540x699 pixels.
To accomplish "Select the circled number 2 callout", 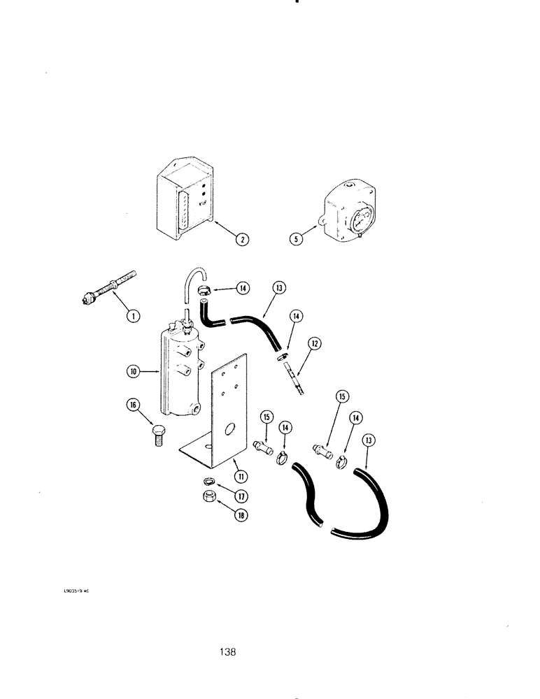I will pos(241,239).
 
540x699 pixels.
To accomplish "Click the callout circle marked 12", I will pos(315,343).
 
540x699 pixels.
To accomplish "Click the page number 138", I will pos(227,651).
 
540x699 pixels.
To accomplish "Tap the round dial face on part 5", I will pos(356,216).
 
